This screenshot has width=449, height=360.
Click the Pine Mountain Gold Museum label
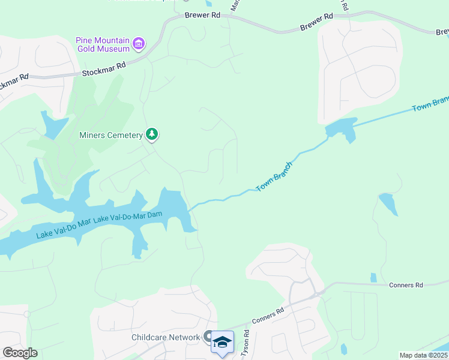pos(103,44)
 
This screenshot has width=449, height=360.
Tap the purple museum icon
pos(139,43)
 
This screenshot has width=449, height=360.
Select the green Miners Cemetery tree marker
pos(152,134)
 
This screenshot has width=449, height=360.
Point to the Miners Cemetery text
pos(110,135)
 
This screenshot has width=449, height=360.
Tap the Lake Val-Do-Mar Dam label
pos(129,214)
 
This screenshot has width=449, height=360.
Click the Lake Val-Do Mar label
pos(63,227)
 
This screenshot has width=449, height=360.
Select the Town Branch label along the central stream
pos(274,176)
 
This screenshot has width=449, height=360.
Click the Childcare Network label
pos(166,337)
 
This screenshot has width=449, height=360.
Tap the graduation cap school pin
pos(222,341)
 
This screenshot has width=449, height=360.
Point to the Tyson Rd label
pos(244,344)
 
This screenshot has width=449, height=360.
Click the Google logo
pos(20,353)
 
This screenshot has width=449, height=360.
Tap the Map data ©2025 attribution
pos(423,355)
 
